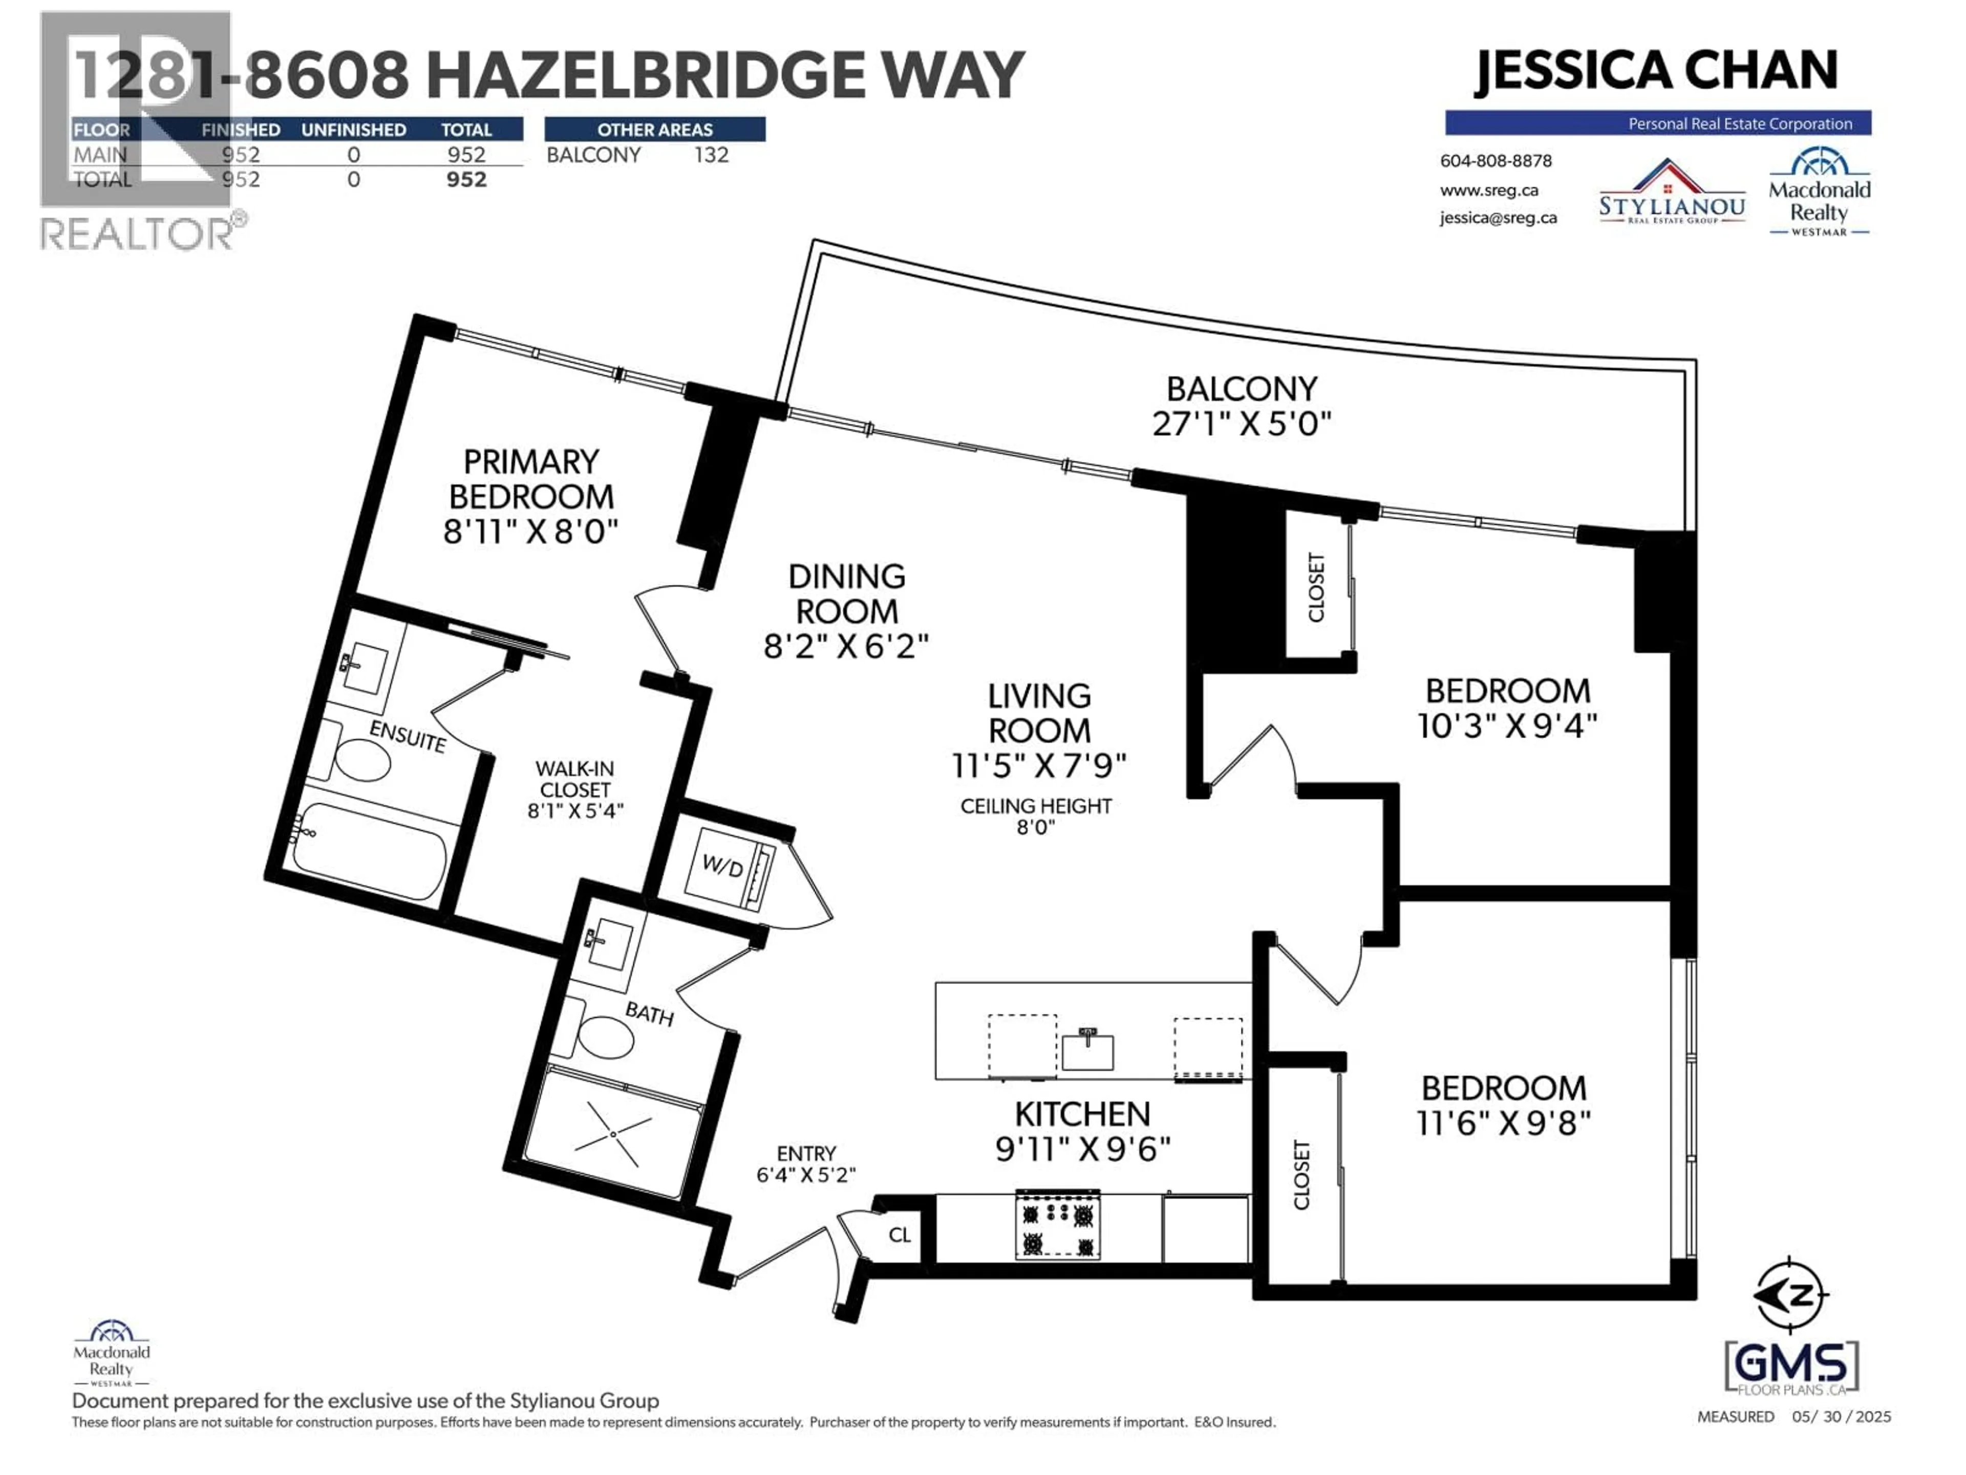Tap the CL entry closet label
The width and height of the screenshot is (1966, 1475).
[x=900, y=1235]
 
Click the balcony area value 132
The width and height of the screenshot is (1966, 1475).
[x=711, y=155]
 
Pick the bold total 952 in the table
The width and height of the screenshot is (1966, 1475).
[x=466, y=180]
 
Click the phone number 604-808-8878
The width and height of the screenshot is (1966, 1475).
[x=1496, y=161]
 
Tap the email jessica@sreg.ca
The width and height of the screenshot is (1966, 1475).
[x=1499, y=218]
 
